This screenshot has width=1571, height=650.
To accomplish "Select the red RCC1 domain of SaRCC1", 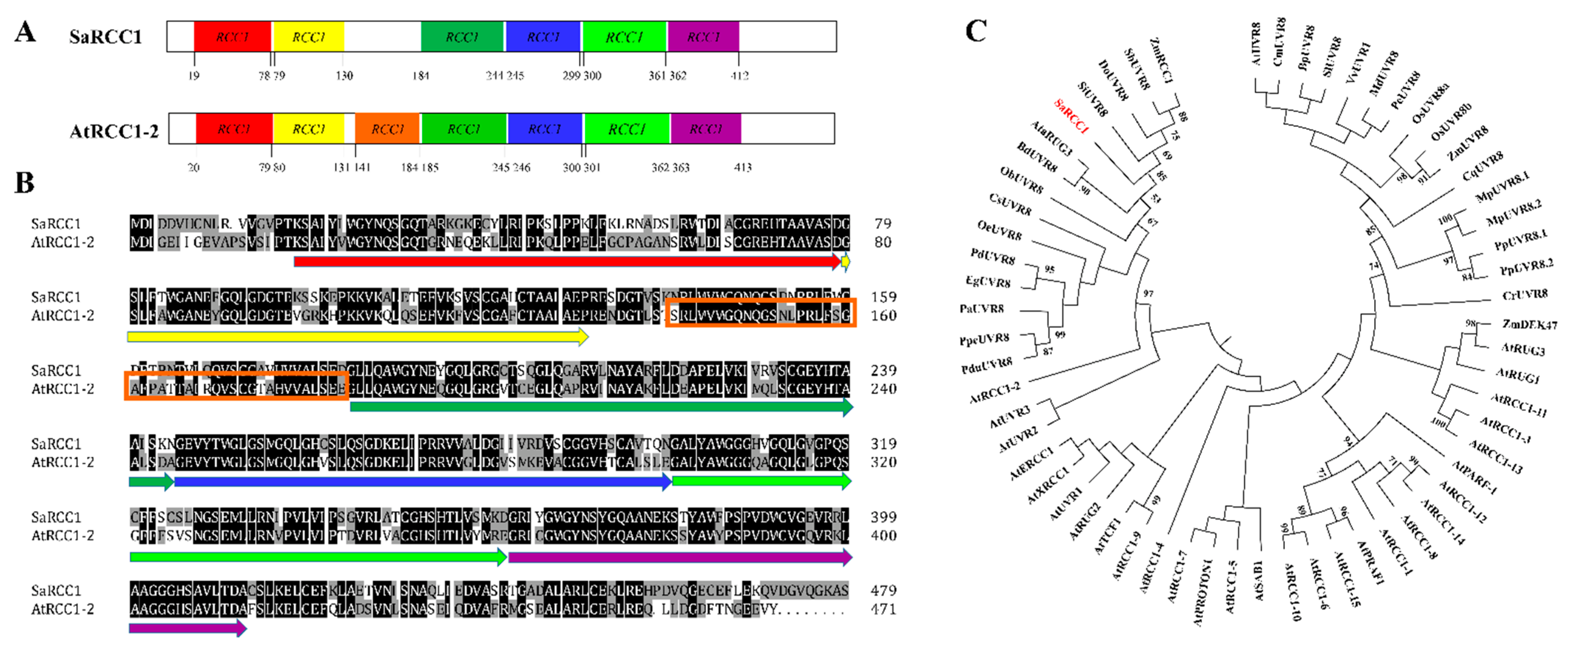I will [232, 37].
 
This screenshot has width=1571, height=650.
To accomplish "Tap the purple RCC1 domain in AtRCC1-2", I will [706, 129].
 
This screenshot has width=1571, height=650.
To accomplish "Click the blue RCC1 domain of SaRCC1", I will [543, 37].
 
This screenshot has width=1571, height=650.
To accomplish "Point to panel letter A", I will [25, 32].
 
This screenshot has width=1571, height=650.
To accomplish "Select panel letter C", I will [976, 30].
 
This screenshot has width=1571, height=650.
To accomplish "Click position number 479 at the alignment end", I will [883, 590].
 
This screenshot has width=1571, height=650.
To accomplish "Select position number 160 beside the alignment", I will [883, 315].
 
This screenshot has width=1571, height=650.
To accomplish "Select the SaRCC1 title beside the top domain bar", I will [105, 37].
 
